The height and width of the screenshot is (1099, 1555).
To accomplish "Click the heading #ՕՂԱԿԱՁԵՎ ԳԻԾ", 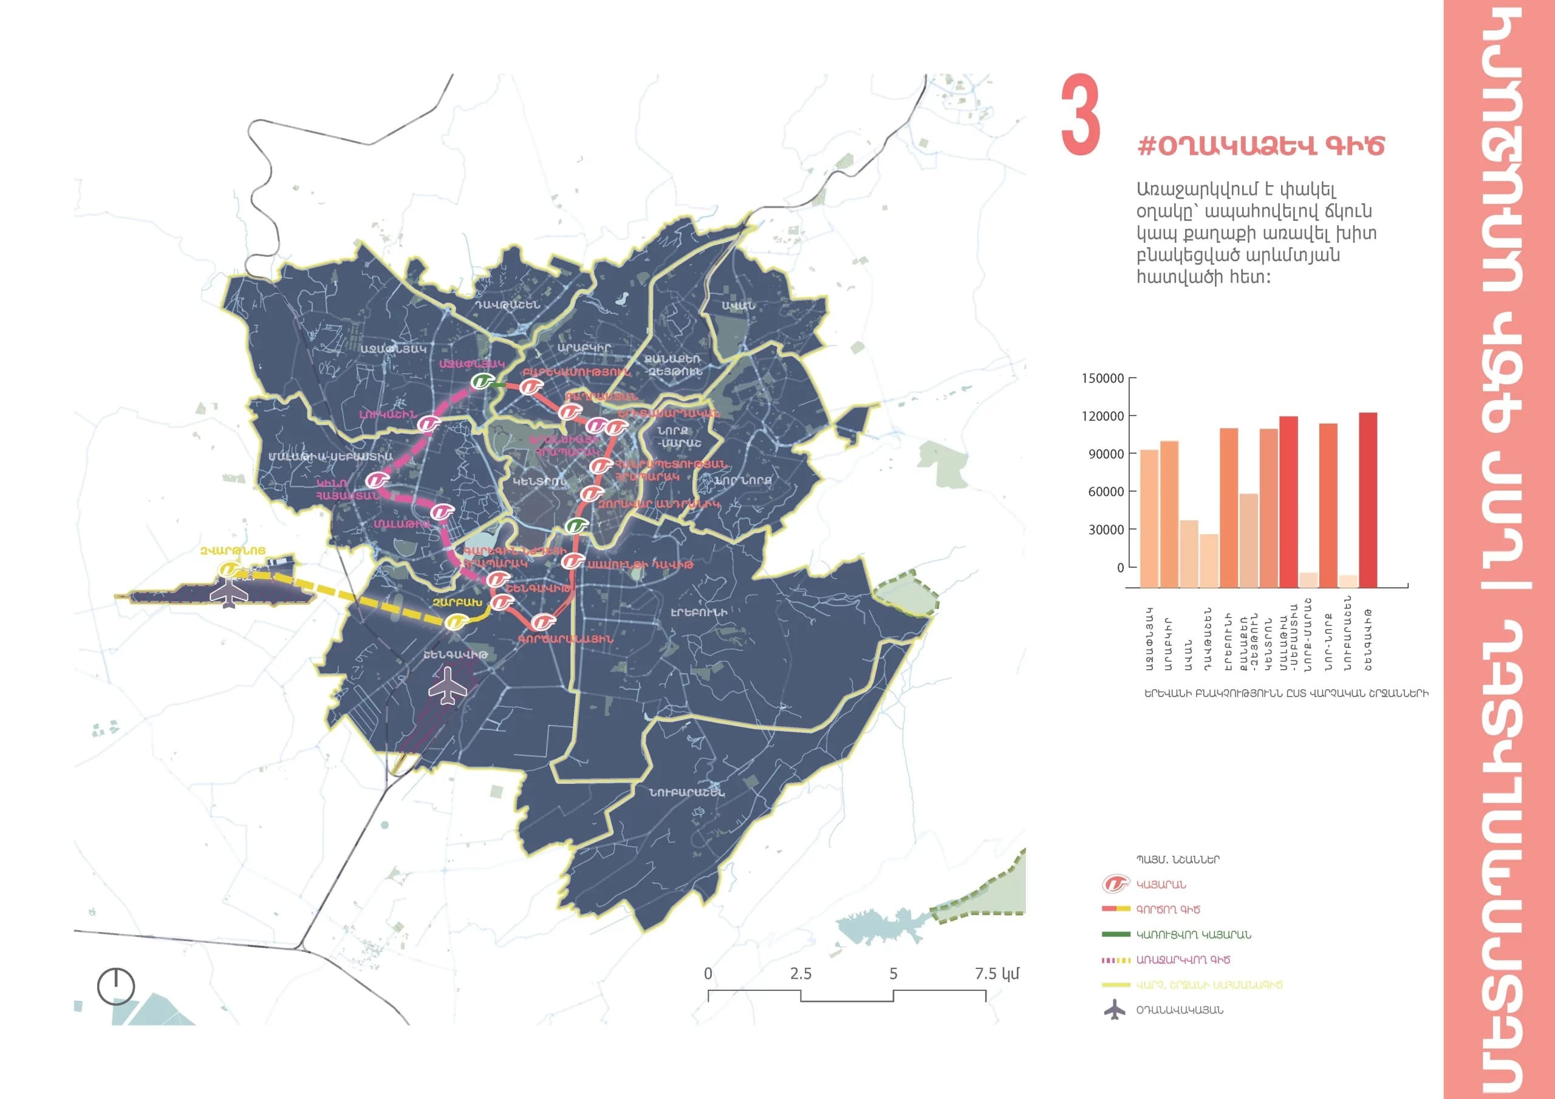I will (x=1260, y=146).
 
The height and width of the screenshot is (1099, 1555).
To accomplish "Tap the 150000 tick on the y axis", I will (x=1102, y=378).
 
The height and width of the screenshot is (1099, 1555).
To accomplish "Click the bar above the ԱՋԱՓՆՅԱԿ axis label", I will (x=1149, y=518).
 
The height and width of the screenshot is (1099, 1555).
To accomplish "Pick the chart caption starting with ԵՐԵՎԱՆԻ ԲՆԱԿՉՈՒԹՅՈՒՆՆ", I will (x=1286, y=693).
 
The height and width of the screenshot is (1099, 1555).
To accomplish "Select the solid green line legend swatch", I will (x=1116, y=934).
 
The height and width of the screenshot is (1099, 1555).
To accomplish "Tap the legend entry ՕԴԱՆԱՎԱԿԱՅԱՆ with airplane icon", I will (x=1178, y=1010).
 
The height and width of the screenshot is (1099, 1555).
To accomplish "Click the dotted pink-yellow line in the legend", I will (x=1116, y=960).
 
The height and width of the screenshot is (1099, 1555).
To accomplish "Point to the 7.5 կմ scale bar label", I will (x=996, y=974).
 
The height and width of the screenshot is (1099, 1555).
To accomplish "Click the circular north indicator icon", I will (x=116, y=986).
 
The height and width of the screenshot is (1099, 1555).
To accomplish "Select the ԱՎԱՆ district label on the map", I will (x=737, y=306).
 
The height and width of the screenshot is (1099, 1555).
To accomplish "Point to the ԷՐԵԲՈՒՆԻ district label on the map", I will (x=699, y=612).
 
